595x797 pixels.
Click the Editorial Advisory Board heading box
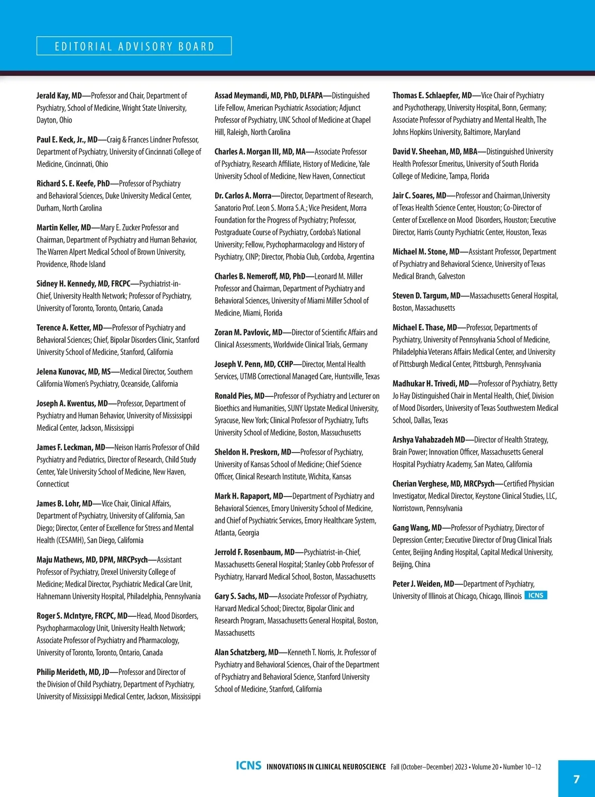pos(134,46)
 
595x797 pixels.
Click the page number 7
pos(576,779)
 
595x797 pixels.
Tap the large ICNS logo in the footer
pos(248,766)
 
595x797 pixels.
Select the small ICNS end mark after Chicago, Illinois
pos(535,596)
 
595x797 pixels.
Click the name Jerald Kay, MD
pos(59,96)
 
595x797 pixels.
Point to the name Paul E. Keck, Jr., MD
pos(67,140)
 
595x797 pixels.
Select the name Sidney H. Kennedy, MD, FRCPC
pos(83,284)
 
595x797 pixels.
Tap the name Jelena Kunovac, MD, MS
pos(73,372)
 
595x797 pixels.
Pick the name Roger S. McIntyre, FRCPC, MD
pos(82,616)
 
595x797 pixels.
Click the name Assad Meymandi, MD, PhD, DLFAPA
pos(268,96)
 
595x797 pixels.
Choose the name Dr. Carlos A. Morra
pos(243,196)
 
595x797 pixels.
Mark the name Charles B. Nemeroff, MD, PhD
pos(260,276)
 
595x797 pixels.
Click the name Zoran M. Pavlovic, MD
pos(248,332)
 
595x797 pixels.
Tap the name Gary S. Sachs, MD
pos(241,596)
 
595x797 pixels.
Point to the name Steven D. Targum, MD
pos(426,296)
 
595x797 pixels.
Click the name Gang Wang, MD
pos(417,528)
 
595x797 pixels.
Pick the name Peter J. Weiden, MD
pos(423,584)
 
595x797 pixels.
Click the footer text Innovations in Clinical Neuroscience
pos(326,767)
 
